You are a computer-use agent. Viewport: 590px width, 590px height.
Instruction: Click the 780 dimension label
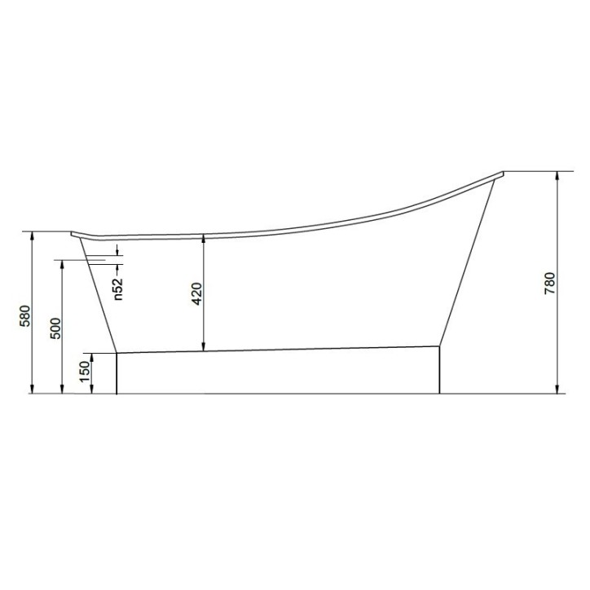(550, 284)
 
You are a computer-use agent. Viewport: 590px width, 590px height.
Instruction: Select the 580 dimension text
(24, 316)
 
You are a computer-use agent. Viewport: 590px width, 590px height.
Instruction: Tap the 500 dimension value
(55, 328)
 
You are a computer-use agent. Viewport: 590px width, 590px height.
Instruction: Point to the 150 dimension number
(86, 371)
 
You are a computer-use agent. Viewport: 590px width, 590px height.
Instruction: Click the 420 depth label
(197, 293)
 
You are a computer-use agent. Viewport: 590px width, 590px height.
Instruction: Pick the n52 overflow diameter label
(118, 289)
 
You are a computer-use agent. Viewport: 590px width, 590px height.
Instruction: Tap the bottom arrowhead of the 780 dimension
(558, 389)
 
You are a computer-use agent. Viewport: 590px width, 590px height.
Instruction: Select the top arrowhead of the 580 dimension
(33, 236)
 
